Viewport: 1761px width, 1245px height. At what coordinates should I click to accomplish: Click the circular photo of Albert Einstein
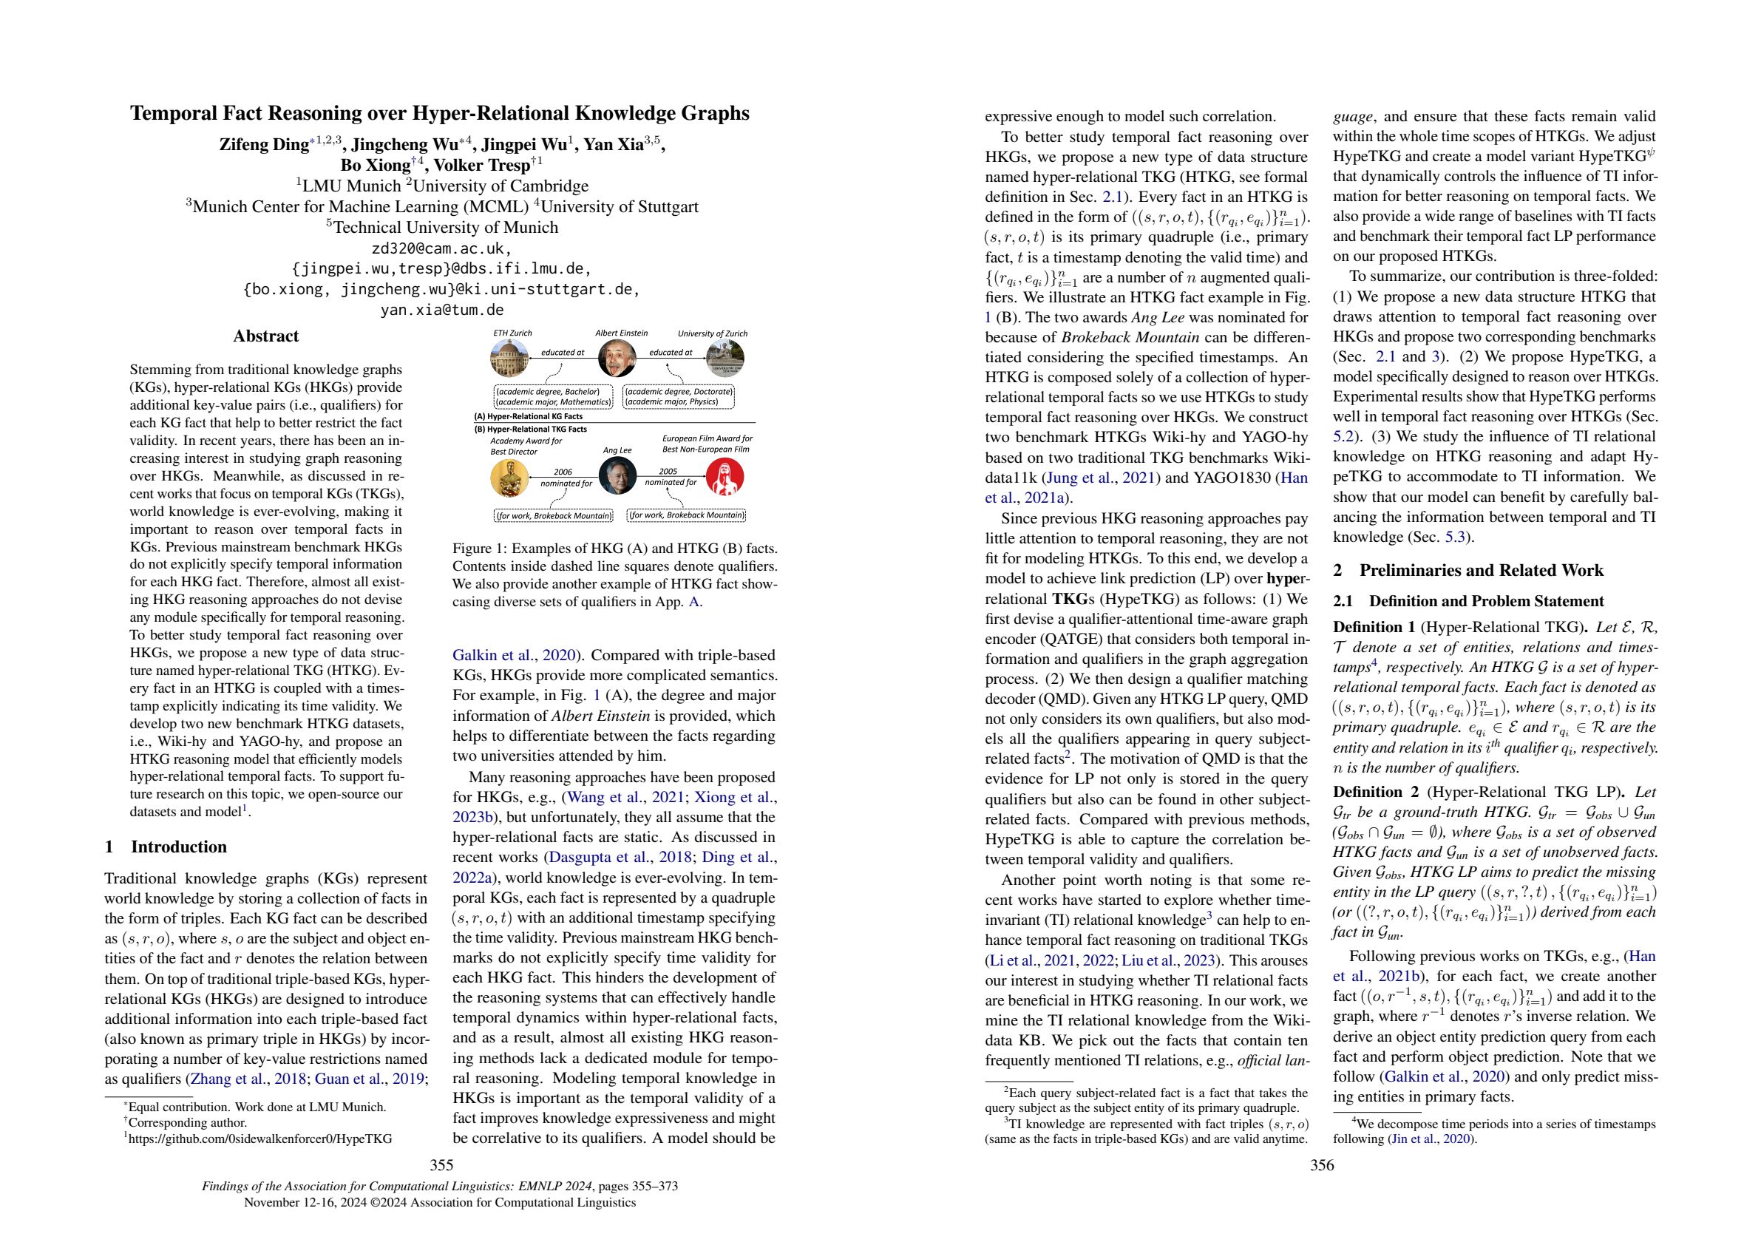point(622,359)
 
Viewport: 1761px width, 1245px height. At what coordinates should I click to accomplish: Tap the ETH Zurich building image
point(511,359)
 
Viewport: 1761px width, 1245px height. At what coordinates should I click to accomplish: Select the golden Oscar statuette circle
point(510,476)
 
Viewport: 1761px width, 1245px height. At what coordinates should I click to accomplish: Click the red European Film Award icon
point(724,476)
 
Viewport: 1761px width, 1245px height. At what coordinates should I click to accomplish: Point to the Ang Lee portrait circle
point(617,476)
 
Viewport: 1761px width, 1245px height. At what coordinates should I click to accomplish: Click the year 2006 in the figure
point(563,472)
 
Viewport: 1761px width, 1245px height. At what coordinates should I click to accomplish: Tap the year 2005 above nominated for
point(668,471)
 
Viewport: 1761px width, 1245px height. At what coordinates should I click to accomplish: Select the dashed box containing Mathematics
point(552,396)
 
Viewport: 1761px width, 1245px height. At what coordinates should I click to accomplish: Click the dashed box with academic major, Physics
point(679,396)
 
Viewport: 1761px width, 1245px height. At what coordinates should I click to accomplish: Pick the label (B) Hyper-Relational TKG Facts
point(531,429)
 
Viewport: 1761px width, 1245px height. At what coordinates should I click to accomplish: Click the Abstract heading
point(265,336)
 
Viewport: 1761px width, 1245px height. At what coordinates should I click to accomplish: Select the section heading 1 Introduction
point(166,847)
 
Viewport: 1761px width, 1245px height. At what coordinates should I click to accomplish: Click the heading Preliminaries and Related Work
point(1468,570)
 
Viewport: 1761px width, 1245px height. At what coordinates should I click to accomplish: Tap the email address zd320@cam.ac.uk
point(442,248)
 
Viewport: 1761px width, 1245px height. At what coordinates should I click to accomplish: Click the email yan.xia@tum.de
point(442,310)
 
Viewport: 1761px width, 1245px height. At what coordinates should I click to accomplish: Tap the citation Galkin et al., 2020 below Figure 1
point(513,655)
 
